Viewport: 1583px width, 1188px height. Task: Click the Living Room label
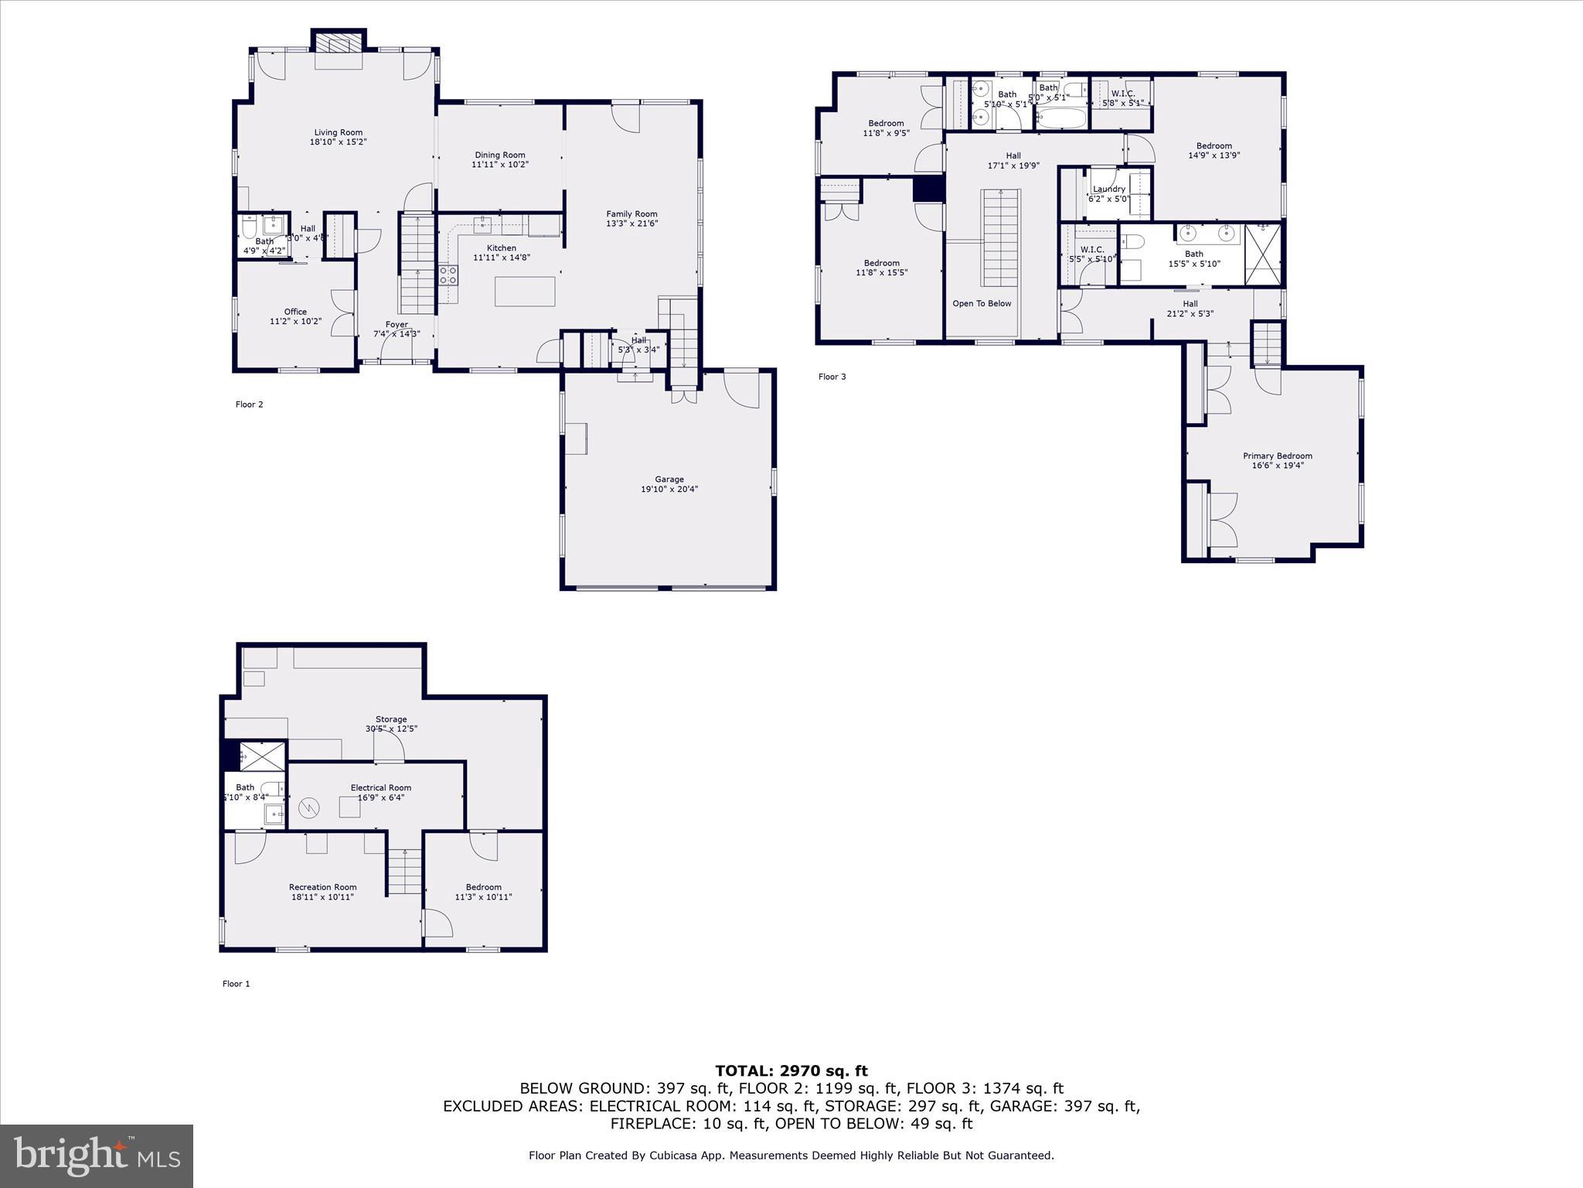(x=338, y=132)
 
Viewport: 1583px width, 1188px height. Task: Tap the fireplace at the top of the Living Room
(x=338, y=43)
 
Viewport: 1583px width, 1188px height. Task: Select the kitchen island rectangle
(x=525, y=292)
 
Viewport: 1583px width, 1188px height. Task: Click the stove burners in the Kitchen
(x=448, y=275)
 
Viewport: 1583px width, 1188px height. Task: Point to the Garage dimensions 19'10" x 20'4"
(x=669, y=489)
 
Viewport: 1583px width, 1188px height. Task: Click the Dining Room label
(x=499, y=155)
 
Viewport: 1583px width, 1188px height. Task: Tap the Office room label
(x=295, y=312)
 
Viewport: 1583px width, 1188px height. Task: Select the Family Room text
(x=631, y=214)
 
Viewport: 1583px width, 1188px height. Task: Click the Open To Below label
(x=982, y=303)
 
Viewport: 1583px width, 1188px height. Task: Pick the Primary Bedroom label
(x=1277, y=456)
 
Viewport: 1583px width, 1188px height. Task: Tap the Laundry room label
(x=1109, y=189)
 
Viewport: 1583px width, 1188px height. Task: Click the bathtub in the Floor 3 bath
(x=1061, y=118)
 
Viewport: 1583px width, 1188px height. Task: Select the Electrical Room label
(x=380, y=787)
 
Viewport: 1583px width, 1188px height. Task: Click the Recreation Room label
(x=322, y=887)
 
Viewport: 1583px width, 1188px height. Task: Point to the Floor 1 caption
(x=237, y=984)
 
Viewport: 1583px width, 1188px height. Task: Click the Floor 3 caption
(x=832, y=377)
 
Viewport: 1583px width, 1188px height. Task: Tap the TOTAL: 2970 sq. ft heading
(x=791, y=1070)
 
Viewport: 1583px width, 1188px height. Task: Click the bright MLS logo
(x=97, y=1156)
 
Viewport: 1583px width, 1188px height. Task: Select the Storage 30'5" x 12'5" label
(x=391, y=724)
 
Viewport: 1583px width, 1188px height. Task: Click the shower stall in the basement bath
(x=262, y=756)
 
